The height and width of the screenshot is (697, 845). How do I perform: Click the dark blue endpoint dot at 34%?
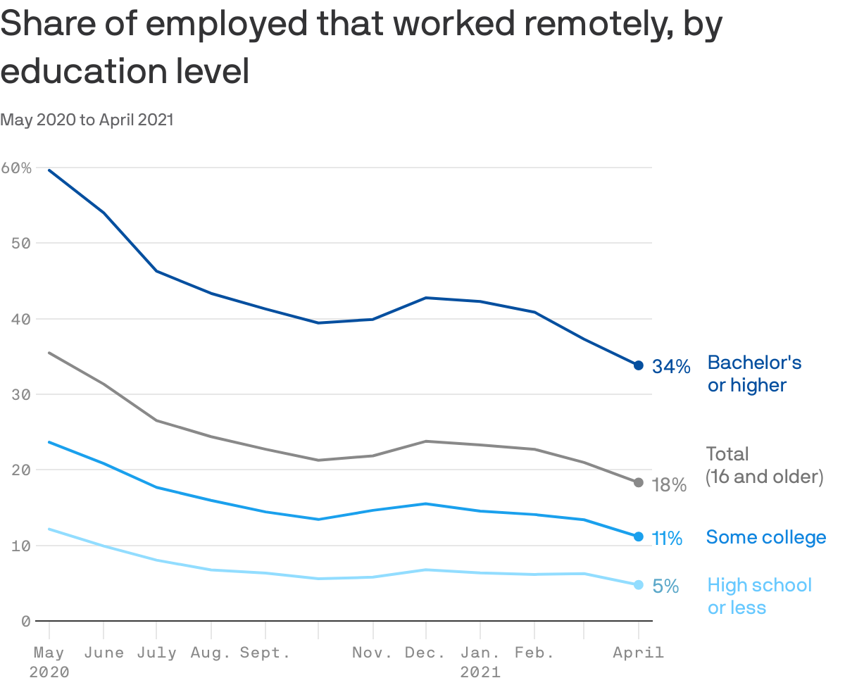638,365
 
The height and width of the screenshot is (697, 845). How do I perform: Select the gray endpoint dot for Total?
638,482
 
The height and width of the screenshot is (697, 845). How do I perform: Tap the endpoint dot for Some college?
638,536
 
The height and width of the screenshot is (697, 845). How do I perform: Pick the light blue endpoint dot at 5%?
638,585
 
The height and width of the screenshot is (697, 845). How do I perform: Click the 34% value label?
670,367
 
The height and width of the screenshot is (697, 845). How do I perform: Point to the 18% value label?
668,485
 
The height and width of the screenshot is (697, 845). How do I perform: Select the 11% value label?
667,539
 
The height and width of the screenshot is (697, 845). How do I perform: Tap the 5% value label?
665,586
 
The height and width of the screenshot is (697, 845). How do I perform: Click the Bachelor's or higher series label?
753,373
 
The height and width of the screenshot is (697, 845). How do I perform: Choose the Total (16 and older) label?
764,465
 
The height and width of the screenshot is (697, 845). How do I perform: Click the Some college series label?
765,538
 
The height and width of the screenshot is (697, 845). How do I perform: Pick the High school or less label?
759,596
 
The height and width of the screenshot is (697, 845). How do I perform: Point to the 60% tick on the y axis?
17,168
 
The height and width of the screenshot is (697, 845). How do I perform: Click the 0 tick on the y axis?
25,621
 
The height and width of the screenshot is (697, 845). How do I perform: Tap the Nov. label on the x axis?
372,653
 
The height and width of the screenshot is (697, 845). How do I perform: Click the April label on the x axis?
638,653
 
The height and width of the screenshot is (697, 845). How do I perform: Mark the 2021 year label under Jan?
480,672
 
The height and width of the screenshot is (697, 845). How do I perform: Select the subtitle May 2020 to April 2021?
87,120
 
